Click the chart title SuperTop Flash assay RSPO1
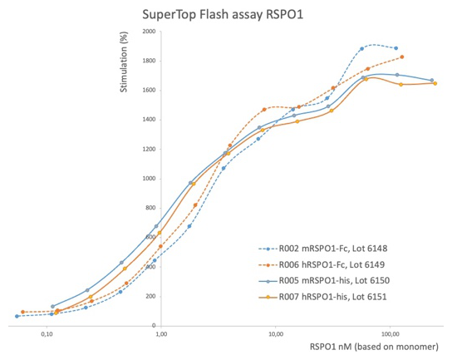pos(223,15)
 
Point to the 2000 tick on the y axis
pos(149,32)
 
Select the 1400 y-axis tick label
pos(149,120)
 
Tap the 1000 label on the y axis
pos(149,179)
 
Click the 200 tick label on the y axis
pos(150,296)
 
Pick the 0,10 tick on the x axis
pos(47,334)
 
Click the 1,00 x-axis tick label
pos(161,334)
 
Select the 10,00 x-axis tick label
pos(276,334)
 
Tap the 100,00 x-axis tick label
pos(390,334)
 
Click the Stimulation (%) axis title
pos(124,62)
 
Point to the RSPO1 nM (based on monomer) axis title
pos(374,347)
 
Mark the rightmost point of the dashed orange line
pos(402,57)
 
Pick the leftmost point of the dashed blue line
pos(17,316)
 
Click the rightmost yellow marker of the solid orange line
pos(435,83)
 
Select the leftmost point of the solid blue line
pos(52,306)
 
